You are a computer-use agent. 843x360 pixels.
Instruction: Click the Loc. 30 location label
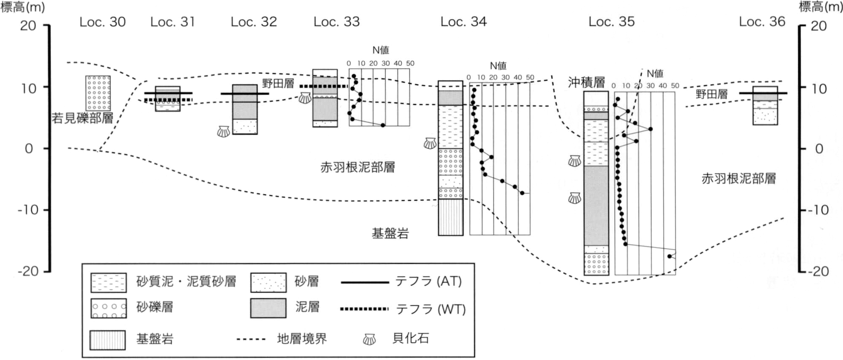(103, 22)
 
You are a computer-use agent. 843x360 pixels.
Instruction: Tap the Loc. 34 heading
(464, 22)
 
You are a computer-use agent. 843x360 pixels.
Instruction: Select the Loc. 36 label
(762, 22)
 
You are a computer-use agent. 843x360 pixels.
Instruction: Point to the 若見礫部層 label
(82, 118)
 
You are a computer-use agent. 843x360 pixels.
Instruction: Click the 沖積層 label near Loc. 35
(586, 82)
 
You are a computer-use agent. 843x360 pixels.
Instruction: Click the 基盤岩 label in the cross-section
(390, 233)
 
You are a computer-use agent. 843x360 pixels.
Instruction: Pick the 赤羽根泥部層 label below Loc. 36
(739, 179)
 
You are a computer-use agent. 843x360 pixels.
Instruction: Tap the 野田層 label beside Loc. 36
(712, 94)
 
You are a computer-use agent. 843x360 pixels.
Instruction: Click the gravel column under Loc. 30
(98, 93)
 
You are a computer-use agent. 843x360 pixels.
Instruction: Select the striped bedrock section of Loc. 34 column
(450, 217)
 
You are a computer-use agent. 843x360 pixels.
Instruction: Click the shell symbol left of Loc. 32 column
(224, 131)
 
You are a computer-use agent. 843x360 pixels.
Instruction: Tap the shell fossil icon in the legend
(369, 339)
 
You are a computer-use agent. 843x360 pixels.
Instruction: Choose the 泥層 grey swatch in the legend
(268, 308)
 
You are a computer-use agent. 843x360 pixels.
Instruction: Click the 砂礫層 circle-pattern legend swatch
(109, 308)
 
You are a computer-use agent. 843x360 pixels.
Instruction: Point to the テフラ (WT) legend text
(431, 309)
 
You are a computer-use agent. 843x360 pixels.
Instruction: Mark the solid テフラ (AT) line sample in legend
(365, 282)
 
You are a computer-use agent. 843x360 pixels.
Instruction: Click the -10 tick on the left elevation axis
(46, 210)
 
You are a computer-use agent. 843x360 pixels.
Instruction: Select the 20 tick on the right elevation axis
(803, 26)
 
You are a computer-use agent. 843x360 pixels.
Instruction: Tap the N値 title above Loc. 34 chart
(498, 66)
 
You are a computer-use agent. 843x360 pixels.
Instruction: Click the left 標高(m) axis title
(23, 7)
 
